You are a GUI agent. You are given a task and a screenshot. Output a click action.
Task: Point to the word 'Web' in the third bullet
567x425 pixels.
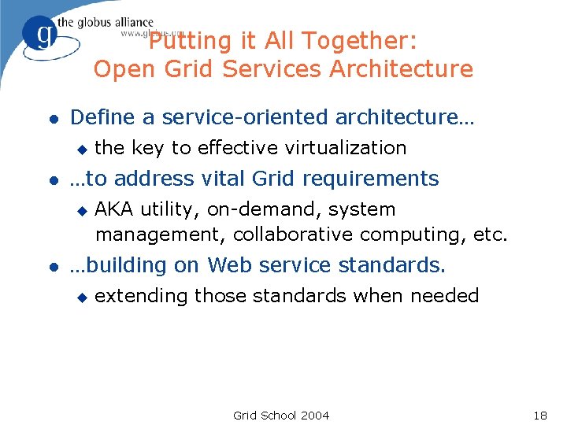tap(231, 266)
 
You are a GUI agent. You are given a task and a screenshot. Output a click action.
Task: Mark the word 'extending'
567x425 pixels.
tap(142, 297)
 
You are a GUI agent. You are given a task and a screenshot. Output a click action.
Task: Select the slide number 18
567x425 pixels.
tap(539, 415)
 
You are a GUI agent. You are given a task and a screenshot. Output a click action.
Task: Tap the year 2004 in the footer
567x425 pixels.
tap(314, 415)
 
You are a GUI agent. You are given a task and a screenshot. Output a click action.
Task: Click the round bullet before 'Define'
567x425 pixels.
tap(53, 119)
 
